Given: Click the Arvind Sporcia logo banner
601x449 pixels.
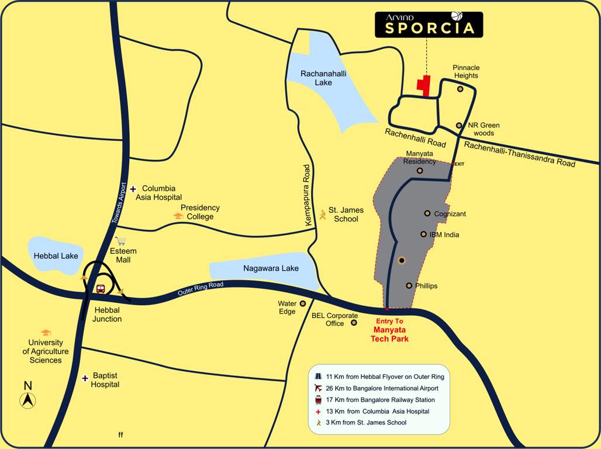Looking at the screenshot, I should [429, 25].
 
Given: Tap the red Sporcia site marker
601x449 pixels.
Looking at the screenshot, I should [424, 85].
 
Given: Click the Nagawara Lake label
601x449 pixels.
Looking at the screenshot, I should [271, 268].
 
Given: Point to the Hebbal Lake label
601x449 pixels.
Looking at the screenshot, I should [56, 255].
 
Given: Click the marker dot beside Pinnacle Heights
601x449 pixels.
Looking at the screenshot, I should [460, 89].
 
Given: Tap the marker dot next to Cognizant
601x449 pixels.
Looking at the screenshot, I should [427, 213].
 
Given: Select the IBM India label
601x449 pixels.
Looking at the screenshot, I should [444, 234].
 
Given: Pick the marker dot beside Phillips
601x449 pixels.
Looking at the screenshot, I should [409, 285].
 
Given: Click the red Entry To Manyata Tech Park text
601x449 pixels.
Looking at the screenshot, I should [389, 330].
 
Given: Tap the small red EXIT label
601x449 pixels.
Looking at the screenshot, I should [459, 164].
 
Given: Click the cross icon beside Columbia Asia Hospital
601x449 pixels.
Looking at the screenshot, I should [133, 188].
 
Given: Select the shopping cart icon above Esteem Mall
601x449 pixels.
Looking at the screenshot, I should [121, 240].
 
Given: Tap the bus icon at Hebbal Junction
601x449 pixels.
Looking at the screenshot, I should [101, 289].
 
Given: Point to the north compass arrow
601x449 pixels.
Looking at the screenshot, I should [28, 400].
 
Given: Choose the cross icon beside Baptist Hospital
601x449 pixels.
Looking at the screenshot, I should [85, 378].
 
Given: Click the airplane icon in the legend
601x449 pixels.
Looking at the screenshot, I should [318, 388].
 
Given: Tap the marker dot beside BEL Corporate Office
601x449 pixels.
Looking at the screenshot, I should [354, 322].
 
